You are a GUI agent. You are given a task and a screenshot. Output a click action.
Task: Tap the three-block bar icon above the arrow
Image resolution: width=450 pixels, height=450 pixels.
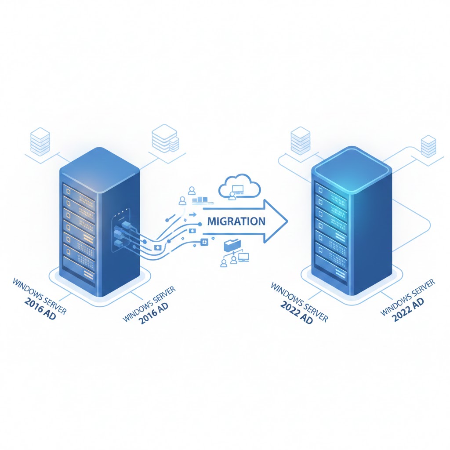(200, 200)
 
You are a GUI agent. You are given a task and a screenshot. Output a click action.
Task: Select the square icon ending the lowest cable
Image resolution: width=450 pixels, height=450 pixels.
(203, 241)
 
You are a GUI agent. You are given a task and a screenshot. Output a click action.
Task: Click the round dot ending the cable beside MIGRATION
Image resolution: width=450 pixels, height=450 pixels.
(200, 224)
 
